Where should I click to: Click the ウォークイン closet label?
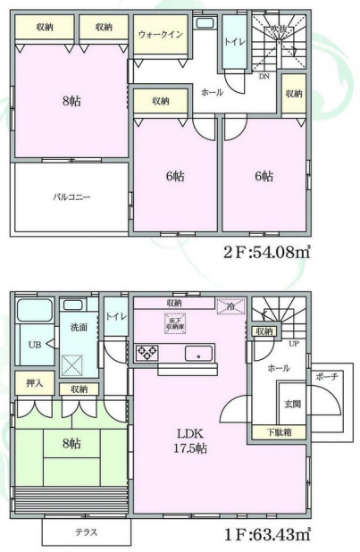162,33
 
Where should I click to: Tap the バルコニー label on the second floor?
69,197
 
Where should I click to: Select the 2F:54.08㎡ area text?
267,252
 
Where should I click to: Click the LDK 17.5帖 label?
188,441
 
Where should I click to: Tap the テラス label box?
86,533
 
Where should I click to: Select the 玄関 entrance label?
293,403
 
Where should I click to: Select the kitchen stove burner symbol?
146,354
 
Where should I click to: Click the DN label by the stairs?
264,78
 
